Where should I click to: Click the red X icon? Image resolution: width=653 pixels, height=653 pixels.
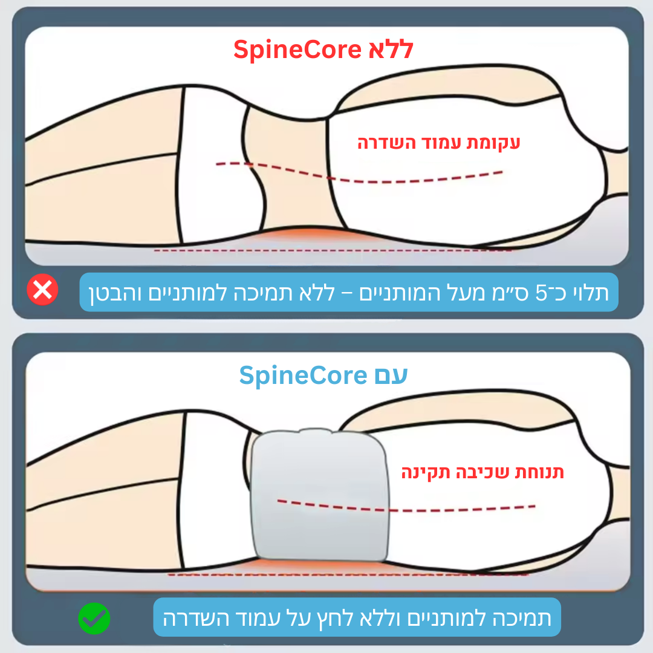click(x=43, y=291)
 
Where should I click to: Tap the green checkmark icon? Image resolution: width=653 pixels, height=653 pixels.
click(x=94, y=618)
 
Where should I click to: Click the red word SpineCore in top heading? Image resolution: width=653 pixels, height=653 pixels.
click(x=297, y=50)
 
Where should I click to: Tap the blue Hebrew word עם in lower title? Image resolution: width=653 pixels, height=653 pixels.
click(x=390, y=375)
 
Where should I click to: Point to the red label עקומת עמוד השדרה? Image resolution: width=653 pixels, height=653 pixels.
click(x=438, y=143)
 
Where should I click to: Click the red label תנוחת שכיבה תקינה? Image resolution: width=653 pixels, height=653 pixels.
click(x=482, y=472)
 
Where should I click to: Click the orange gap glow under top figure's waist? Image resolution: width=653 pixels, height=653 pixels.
click(x=308, y=235)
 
